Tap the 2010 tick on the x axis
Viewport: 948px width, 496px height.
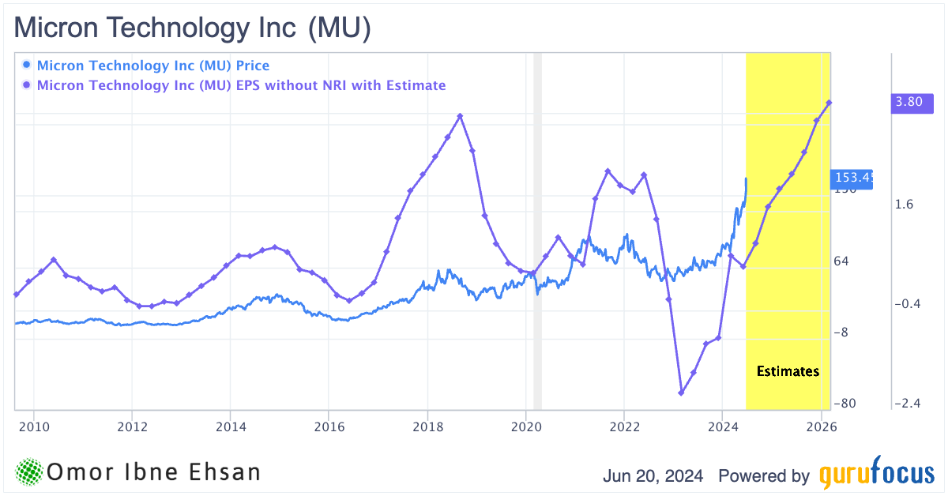33,428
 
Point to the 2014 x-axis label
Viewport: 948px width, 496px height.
230,428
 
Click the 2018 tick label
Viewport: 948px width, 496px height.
427,428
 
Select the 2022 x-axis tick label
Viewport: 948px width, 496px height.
624,428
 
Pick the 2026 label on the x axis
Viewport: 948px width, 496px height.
821,428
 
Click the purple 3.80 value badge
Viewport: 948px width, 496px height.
908,102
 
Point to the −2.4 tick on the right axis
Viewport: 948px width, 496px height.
908,404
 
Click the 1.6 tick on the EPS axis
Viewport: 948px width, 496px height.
905,205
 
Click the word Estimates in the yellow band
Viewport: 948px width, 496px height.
788,371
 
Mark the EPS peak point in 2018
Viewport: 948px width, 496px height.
461,116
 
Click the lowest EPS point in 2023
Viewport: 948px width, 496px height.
681,393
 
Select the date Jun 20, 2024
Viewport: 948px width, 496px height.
653,476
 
